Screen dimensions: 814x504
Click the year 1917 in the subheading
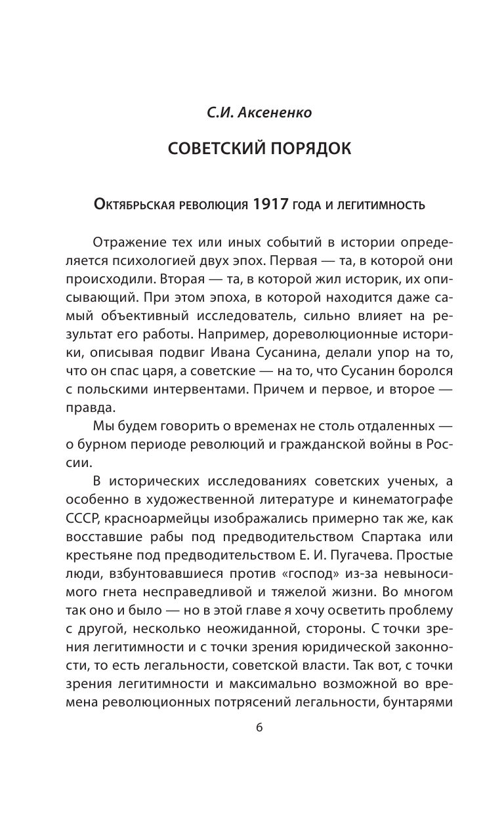click(x=268, y=205)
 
